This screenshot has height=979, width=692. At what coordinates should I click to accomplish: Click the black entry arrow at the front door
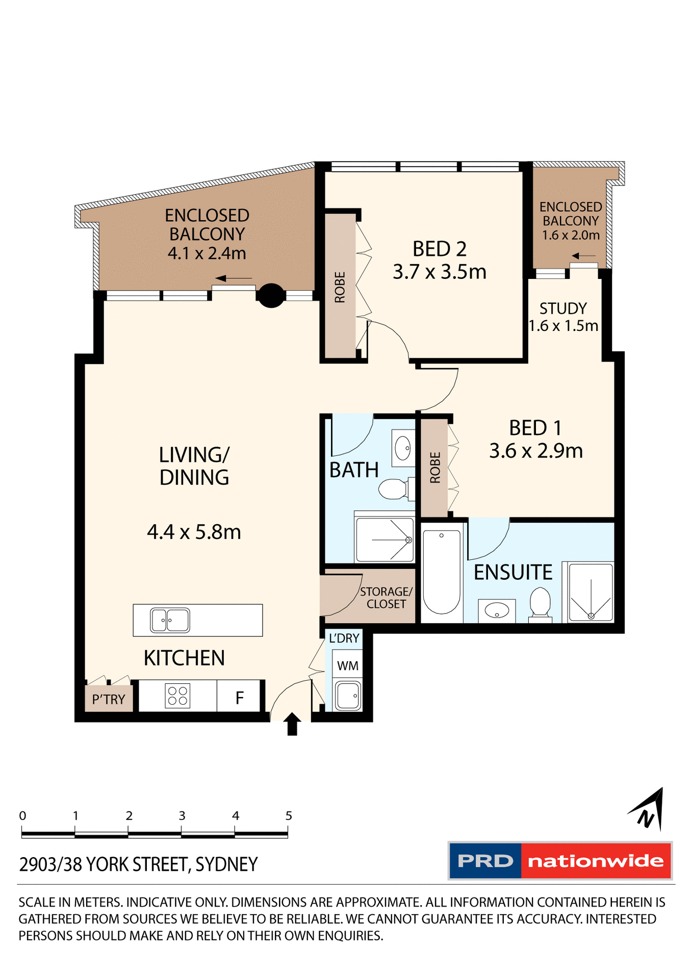coord(292,724)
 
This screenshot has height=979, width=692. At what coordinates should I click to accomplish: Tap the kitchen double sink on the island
coord(170,620)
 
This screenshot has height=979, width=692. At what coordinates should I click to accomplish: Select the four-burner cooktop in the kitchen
coord(177,695)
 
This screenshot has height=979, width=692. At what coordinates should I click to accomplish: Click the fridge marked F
coord(240,697)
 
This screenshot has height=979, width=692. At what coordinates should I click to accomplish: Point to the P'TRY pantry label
coord(109,699)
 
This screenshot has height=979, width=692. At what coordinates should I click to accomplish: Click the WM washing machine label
coord(348,665)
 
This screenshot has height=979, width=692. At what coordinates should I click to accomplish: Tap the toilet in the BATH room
coord(393,489)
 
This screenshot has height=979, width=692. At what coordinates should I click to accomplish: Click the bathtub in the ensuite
coord(442,571)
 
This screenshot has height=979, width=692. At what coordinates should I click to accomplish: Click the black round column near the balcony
coord(271,295)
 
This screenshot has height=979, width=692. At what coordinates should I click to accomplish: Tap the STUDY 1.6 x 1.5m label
coord(563,317)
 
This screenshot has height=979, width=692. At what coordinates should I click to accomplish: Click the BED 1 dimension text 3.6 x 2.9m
coord(535,451)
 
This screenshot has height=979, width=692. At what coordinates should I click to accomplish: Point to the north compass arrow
coord(649,810)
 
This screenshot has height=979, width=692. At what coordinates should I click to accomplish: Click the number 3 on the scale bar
coord(182,815)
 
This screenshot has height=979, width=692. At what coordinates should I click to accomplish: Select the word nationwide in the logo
coord(596,861)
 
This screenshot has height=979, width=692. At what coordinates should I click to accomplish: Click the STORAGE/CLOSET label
coord(386,598)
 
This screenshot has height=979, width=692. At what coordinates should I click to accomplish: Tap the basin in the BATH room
coord(403,448)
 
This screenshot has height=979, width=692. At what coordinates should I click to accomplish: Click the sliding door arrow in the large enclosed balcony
coord(234,278)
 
